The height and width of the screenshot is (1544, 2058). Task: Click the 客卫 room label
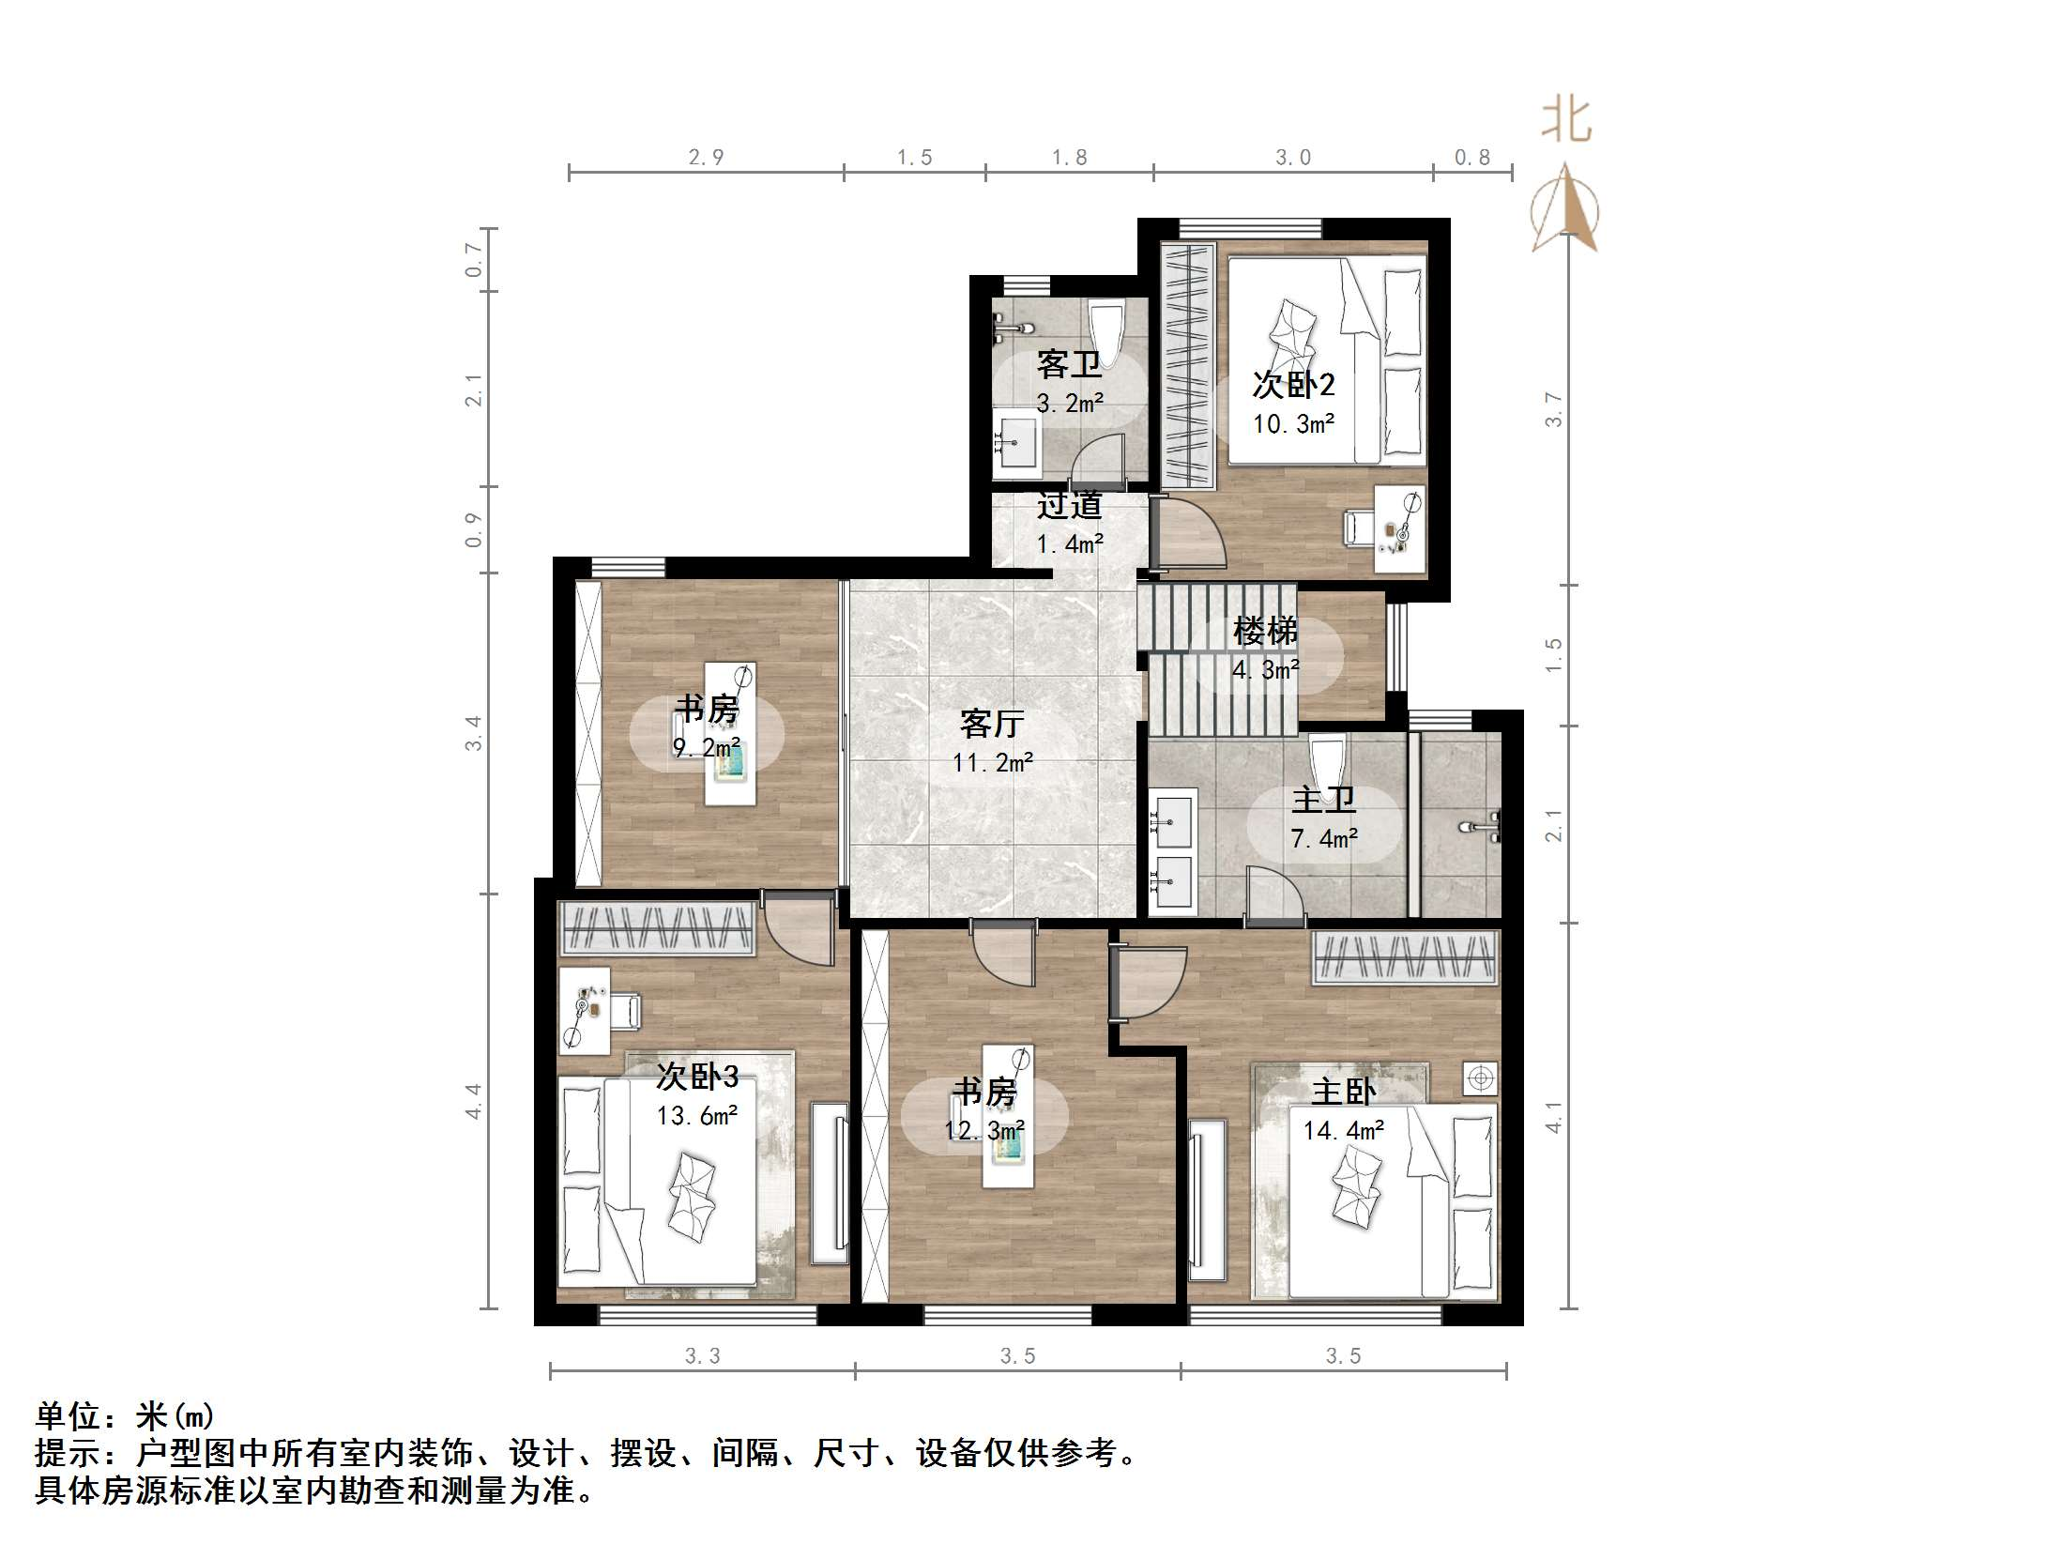[x=1069, y=364]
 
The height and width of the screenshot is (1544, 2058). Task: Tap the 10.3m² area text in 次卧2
[x=1294, y=424]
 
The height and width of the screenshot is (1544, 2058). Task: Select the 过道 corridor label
[x=1069, y=506]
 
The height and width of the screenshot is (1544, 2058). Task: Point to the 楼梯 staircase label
[x=1265, y=631]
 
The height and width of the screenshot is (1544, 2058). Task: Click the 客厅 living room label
[x=992, y=724]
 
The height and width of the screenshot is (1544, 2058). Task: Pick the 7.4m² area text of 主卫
[x=1324, y=839]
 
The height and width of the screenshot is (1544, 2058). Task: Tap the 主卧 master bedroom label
[x=1344, y=1092]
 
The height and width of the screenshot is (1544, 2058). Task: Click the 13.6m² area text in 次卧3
[x=696, y=1116]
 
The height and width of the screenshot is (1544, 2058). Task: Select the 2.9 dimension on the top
[x=706, y=158]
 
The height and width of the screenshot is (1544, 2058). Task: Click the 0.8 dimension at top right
[x=1471, y=158]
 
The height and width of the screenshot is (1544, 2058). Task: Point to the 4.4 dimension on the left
[x=474, y=1100]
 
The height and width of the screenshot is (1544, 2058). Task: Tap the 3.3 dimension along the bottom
[x=702, y=1355]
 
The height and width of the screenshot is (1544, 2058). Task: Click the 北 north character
[x=1566, y=121]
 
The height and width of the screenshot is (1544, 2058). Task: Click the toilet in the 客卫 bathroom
[x=1106, y=333]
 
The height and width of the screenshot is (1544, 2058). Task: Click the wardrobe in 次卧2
[x=1188, y=364]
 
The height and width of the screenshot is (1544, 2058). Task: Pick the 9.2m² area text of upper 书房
[x=706, y=748]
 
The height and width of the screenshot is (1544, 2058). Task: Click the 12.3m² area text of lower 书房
[x=983, y=1131]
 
